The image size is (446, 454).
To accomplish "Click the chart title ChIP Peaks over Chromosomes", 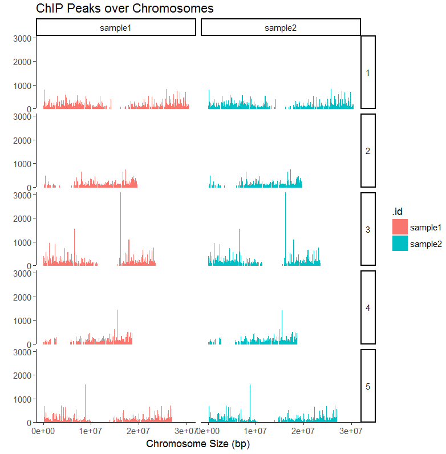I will coord(124,9).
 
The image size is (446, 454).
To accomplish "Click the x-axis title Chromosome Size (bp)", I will coord(198,444).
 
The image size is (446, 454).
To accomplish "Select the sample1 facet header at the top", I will coord(116,27).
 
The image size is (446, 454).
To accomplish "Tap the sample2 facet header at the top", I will coord(281,27).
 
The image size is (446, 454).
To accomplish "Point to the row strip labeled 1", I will coord(368,72).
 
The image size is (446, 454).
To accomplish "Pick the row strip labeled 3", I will coord(368,229).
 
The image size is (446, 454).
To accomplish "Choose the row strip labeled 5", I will coord(368,386).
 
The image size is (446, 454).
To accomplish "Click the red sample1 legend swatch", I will coord(400,227).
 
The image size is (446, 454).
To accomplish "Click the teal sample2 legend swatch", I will coord(400,244).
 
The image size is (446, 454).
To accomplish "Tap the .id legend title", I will coord(398,212).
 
